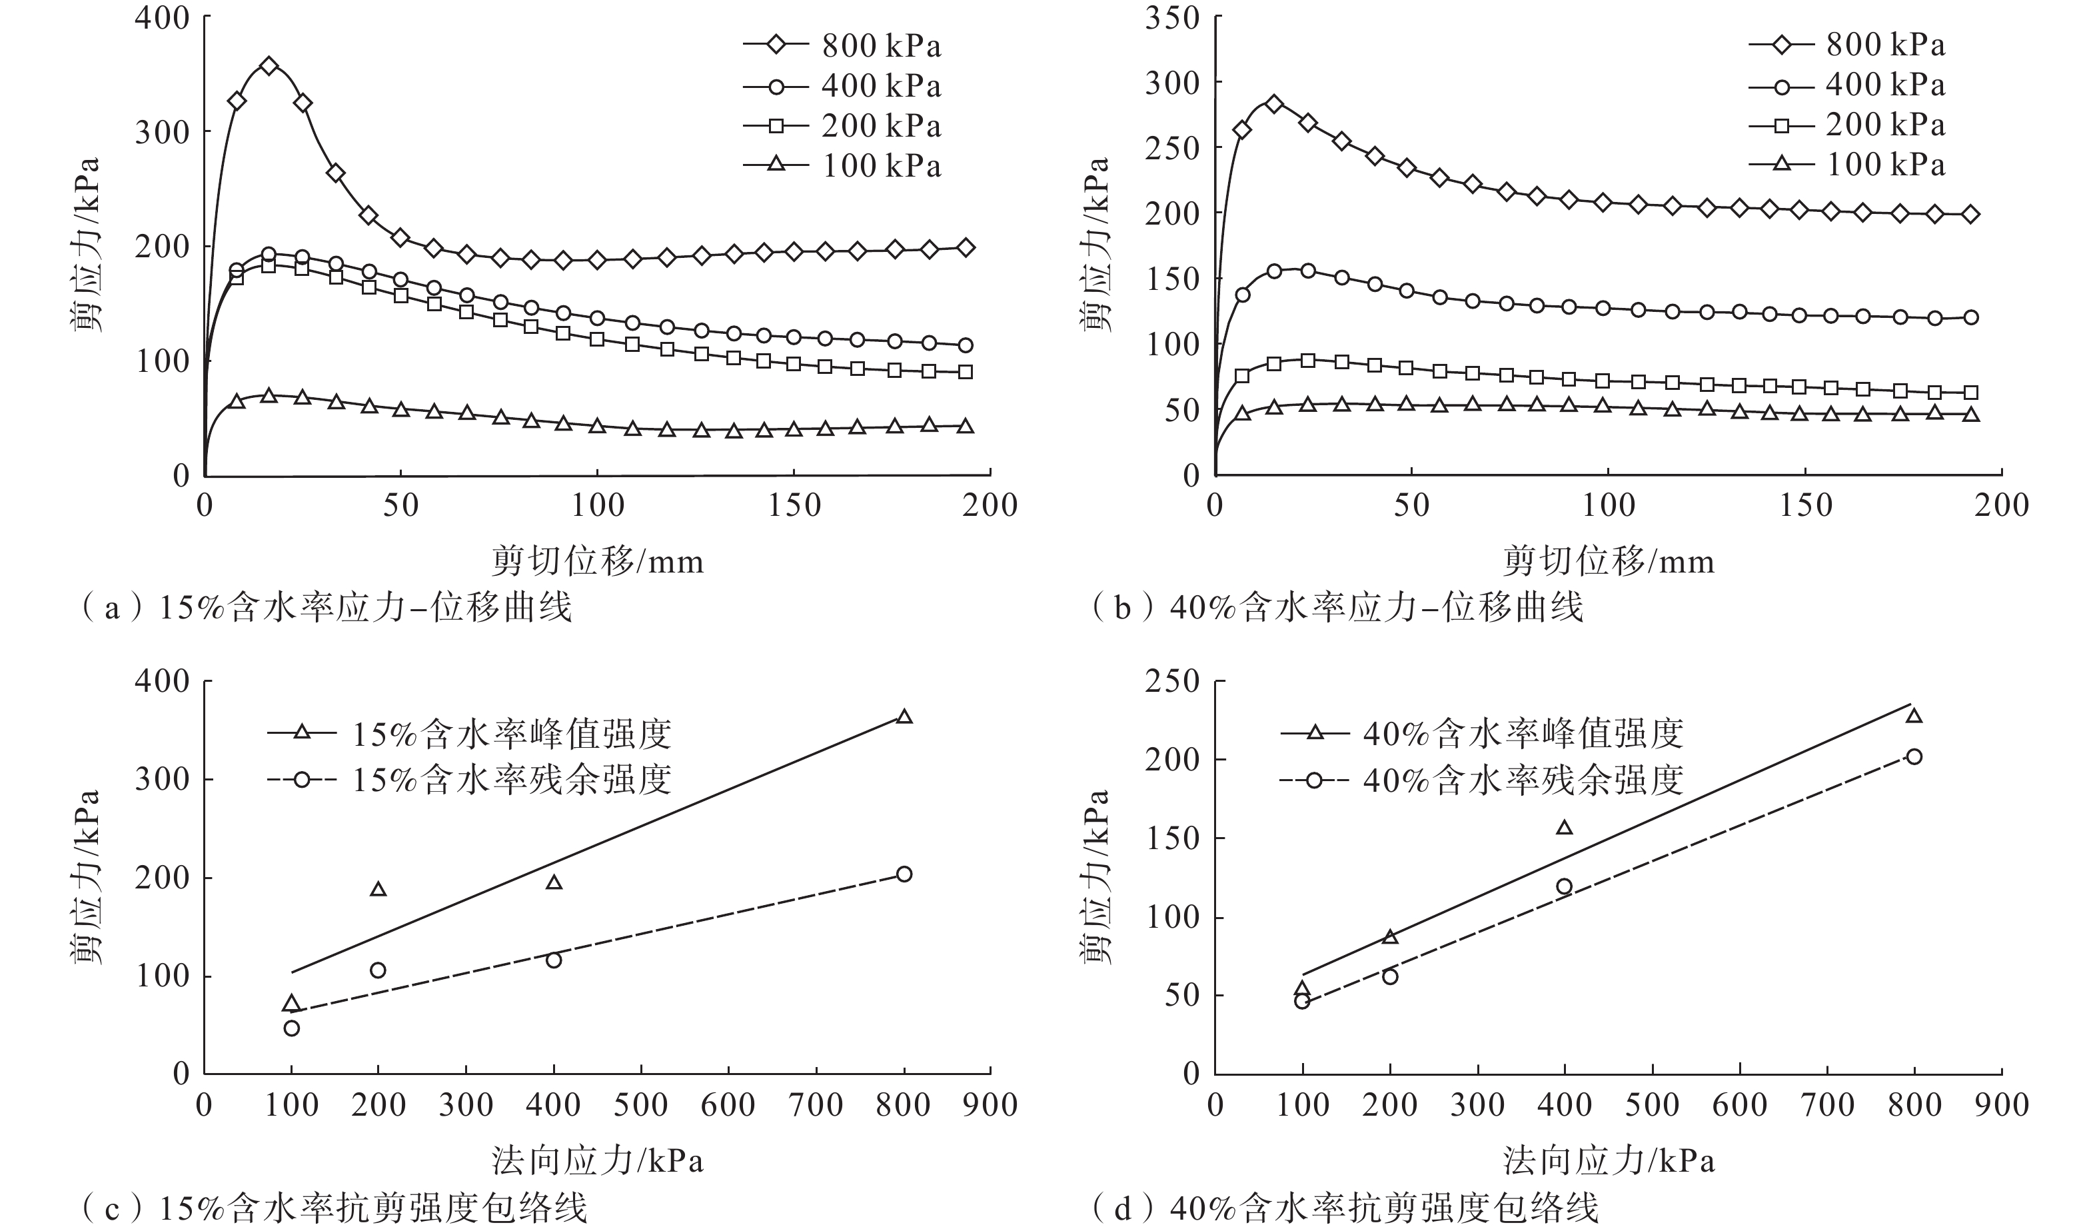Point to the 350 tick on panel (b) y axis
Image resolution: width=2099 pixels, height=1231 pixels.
1173,17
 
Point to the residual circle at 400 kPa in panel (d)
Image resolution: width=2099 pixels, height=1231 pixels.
1565,886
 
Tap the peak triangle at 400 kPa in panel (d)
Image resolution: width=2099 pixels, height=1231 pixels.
1565,828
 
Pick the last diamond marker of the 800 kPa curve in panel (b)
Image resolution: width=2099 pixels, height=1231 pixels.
1971,215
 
